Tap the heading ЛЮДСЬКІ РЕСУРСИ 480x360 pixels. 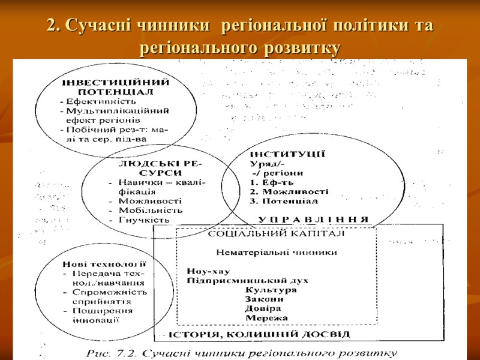(x=159, y=168)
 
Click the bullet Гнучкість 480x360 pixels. (x=145, y=220)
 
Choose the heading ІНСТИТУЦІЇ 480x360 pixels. (x=287, y=154)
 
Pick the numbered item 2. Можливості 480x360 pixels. (x=289, y=191)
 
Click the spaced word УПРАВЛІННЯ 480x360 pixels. (x=314, y=218)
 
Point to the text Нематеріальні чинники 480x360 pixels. (x=276, y=253)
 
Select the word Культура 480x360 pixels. (x=271, y=290)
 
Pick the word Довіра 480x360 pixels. (x=263, y=308)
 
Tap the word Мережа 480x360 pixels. (x=266, y=317)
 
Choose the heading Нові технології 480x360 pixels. (x=104, y=265)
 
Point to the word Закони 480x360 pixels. (x=265, y=299)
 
